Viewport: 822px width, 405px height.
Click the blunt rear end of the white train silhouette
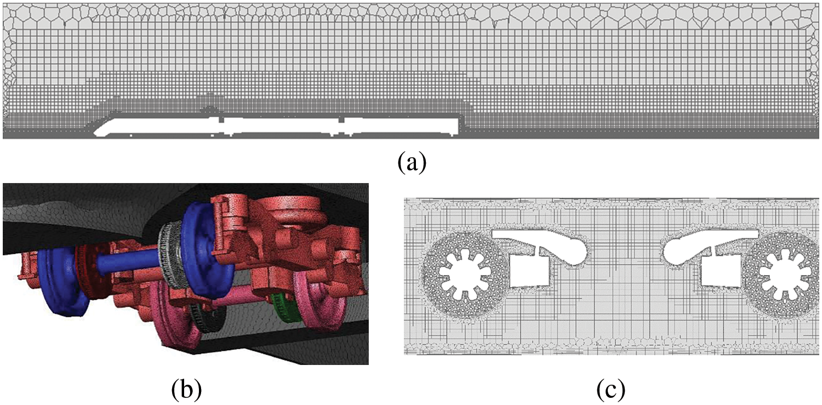tap(458, 127)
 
